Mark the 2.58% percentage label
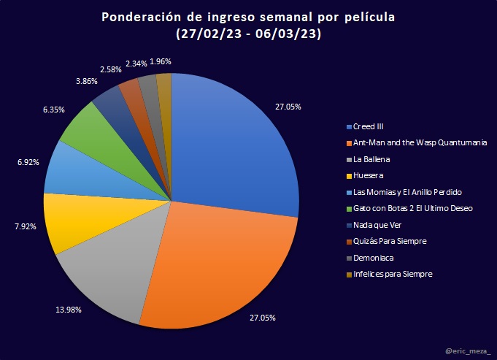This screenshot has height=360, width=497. point(112,69)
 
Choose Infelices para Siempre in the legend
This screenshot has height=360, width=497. point(393,274)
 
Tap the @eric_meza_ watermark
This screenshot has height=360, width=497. point(468,351)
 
